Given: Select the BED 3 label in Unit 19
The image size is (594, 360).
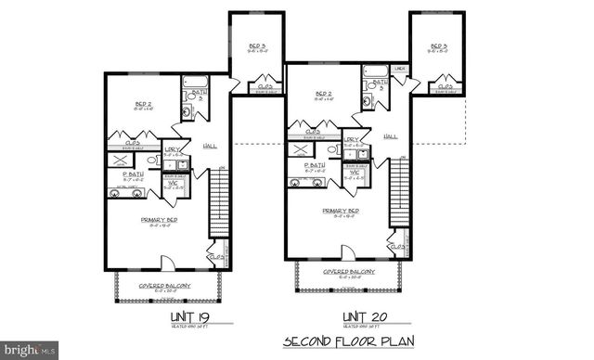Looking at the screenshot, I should pos(257,46).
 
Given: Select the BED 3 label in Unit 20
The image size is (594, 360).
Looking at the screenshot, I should pos(437,46).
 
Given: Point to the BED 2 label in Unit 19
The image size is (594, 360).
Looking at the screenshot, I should pos(144,105).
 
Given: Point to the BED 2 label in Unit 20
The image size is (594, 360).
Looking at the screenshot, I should pos(324,94).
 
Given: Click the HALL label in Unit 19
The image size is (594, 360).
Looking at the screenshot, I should pos(210,146).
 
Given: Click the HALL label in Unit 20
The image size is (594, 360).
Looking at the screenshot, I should pos(390,135).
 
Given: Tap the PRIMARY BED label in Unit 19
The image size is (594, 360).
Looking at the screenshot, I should pos(159,219).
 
